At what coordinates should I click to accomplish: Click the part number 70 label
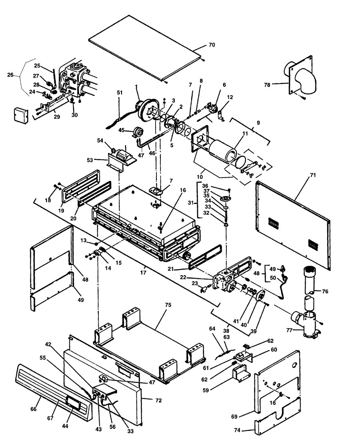[212, 45]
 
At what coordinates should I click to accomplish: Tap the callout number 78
[279, 84]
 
